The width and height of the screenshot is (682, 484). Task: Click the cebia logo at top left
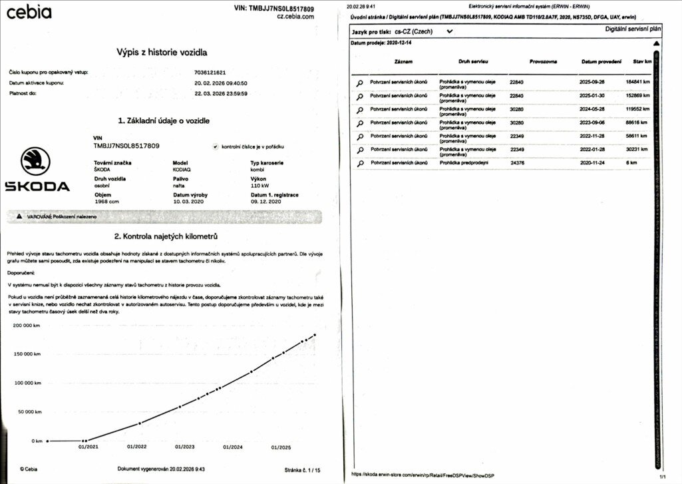click(x=29, y=12)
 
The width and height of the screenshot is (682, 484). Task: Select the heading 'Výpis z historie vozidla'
click(x=162, y=51)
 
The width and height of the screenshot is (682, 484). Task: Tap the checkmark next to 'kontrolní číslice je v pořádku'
click(x=215, y=146)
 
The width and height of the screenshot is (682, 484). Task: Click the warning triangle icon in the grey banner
click(x=19, y=217)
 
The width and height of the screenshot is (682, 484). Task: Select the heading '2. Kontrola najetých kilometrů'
click(x=166, y=236)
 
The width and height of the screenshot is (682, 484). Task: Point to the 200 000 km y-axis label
click(x=28, y=325)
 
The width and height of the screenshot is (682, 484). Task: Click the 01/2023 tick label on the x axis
click(x=184, y=447)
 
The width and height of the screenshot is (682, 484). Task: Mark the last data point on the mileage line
click(x=314, y=335)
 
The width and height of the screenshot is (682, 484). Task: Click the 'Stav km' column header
click(x=642, y=62)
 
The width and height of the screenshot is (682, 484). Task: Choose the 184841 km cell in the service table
click(x=637, y=81)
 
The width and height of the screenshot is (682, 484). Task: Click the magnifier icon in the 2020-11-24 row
click(x=360, y=163)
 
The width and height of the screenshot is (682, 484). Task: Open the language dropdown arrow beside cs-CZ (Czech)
click(x=450, y=31)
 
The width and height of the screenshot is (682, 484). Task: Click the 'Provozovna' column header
click(x=544, y=62)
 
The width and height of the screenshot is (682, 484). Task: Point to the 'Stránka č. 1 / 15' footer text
click(x=302, y=469)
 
